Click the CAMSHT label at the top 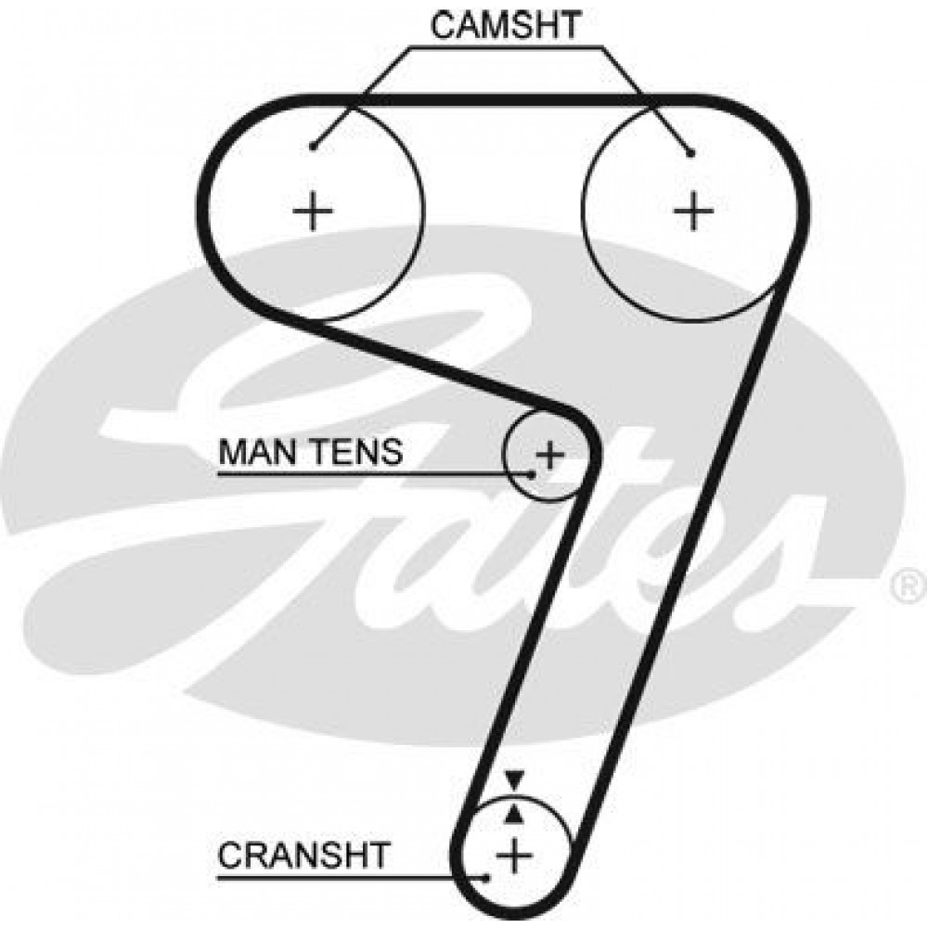pyautogui.click(x=505, y=26)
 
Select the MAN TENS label pyautogui.click(x=311, y=452)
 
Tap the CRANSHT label pyautogui.click(x=303, y=855)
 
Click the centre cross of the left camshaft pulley pyautogui.click(x=313, y=210)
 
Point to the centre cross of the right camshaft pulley pyautogui.click(x=693, y=210)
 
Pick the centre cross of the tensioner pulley pyautogui.click(x=550, y=455)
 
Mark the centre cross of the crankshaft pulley pyautogui.click(x=515, y=855)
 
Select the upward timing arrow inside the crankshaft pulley pyautogui.click(x=515, y=815)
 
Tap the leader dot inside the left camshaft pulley pyautogui.click(x=313, y=147)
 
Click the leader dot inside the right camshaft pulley pyautogui.click(x=690, y=153)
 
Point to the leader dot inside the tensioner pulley pyautogui.click(x=532, y=474)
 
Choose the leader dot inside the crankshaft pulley pyautogui.click(x=486, y=877)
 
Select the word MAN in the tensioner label pyautogui.click(x=260, y=452)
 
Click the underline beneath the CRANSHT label pyautogui.click(x=352, y=877)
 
